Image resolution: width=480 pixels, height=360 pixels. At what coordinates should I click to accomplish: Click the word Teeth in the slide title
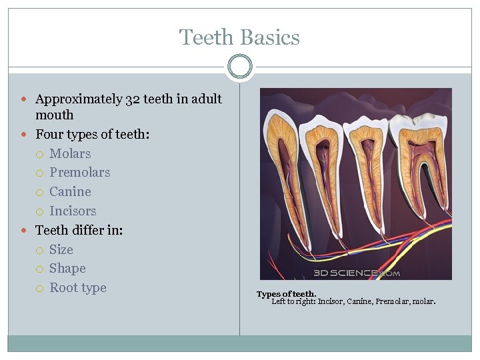click(x=203, y=37)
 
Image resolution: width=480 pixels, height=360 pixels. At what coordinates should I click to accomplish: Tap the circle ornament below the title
click(x=239, y=67)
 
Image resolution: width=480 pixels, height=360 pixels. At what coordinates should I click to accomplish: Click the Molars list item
click(x=70, y=153)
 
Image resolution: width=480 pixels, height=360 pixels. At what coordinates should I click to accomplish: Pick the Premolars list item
click(x=79, y=173)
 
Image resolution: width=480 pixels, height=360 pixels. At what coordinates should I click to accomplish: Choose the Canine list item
click(x=70, y=192)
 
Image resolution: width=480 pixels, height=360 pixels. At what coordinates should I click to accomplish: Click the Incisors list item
click(x=73, y=211)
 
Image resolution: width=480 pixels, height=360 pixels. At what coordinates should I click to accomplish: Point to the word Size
click(x=61, y=250)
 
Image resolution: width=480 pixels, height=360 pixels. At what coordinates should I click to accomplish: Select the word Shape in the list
click(x=67, y=269)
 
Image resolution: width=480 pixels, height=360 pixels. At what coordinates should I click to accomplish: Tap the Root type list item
click(x=77, y=288)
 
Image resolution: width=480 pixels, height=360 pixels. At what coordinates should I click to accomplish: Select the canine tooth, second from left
click(x=323, y=173)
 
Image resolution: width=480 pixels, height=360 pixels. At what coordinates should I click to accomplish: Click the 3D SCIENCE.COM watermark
click(x=357, y=273)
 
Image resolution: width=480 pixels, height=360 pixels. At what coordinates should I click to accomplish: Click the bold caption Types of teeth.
click(x=286, y=294)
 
